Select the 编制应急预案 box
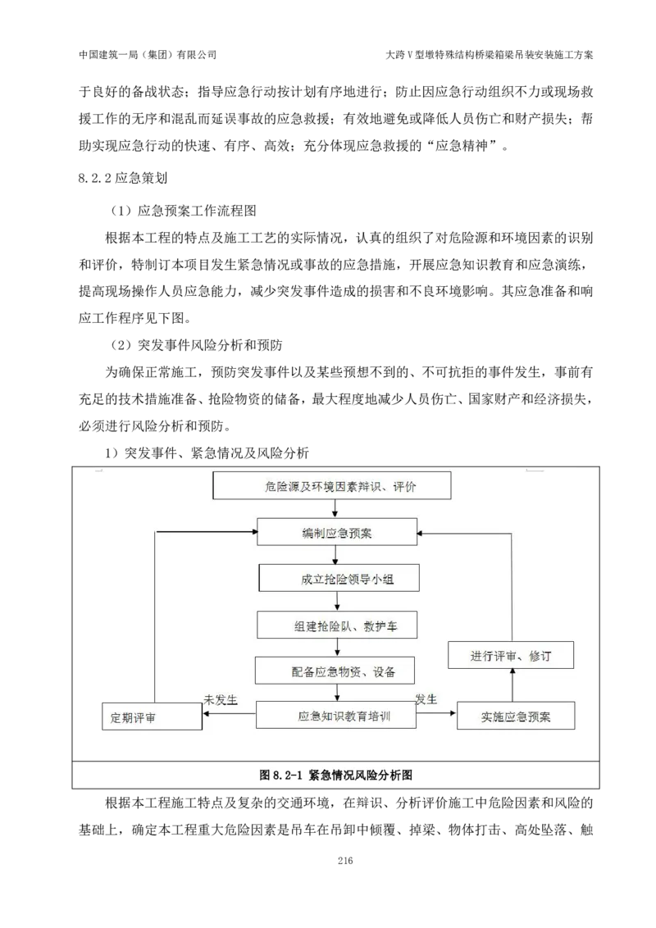[x=337, y=533]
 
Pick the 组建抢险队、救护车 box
[x=337, y=625]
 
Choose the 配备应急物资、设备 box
[x=336, y=671]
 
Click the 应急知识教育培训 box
[x=336, y=716]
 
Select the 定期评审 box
[x=153, y=717]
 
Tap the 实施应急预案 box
[x=516, y=716]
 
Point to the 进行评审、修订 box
[x=510, y=656]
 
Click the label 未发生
[x=221, y=700]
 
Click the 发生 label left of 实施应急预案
[x=426, y=699]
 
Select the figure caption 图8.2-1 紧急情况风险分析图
[x=335, y=775]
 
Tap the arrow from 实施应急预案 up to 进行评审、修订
[x=512, y=685]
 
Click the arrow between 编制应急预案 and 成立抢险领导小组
[x=335, y=556]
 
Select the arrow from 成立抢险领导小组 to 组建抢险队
[x=337, y=602]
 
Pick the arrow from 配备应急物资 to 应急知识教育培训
[x=337, y=693]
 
